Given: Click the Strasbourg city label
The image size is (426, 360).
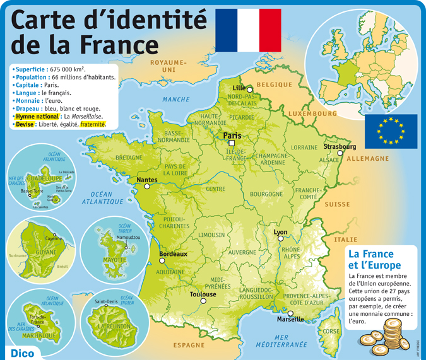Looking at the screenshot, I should [340, 146].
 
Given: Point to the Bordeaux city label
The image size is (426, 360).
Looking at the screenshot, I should [174, 253].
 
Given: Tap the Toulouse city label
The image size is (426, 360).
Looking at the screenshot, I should [203, 294].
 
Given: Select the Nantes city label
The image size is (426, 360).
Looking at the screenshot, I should [146, 179].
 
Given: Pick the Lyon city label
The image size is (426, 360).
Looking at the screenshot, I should [280, 232].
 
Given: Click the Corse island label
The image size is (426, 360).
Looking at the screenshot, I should [331, 331].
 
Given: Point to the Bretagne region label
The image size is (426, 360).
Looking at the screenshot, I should [129, 157].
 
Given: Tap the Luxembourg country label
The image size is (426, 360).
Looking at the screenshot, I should [313, 114].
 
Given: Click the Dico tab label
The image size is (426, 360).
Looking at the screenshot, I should [22, 352].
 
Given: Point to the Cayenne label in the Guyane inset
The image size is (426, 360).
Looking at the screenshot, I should [53, 238].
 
